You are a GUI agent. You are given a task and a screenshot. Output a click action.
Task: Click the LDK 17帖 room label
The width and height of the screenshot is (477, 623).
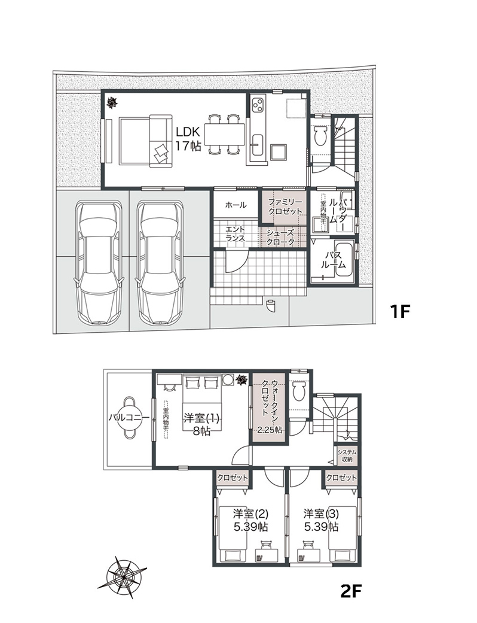point(188,139)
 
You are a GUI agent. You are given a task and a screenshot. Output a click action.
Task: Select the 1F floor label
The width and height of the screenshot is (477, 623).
point(399,311)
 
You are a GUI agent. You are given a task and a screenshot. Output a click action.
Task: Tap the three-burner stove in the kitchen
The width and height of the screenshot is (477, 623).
point(259,105)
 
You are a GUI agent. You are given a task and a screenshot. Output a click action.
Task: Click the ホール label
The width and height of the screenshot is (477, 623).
point(236,205)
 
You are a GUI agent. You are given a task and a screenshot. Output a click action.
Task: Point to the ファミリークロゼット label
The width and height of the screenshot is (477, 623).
point(285,206)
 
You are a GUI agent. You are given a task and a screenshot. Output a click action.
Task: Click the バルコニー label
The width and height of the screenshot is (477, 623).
point(129,418)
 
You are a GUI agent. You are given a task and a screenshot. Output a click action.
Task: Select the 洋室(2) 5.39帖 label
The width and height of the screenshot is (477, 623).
point(250,521)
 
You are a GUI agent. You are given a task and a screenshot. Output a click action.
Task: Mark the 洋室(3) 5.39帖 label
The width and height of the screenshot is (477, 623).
point(320,521)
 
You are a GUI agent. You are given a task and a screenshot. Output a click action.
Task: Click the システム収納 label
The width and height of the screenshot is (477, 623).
point(347,455)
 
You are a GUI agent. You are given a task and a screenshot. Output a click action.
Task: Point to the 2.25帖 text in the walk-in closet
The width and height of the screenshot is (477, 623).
point(270,430)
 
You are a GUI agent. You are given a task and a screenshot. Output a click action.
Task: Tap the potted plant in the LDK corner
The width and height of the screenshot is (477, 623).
point(113,104)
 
